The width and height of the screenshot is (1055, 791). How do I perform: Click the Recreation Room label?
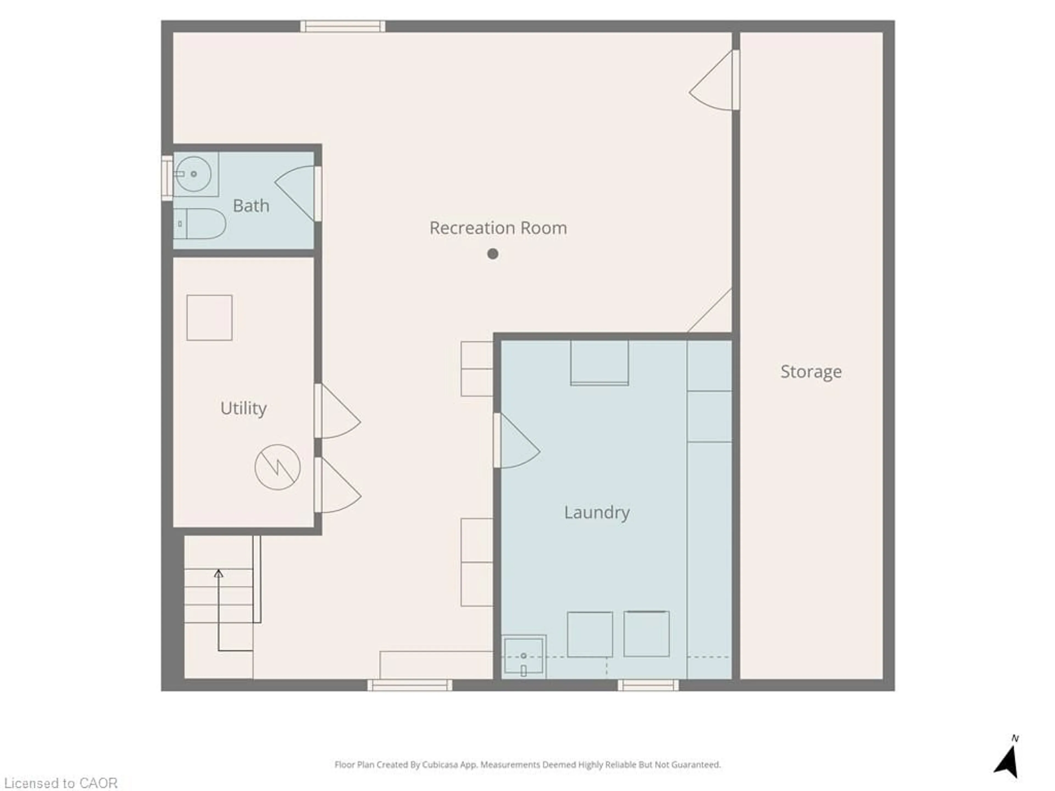[498, 228]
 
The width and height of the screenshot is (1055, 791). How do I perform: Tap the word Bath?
[251, 206]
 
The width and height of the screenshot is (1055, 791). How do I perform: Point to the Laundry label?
[597, 513]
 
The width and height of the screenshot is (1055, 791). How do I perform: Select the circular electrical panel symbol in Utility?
[277, 467]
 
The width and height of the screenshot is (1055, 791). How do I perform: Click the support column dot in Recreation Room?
[493, 254]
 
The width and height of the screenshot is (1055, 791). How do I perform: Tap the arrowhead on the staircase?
[218, 573]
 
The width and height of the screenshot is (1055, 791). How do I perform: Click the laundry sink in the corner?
[524, 656]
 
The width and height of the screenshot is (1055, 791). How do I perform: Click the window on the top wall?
[342, 26]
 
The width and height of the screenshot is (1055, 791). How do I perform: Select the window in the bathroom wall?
[167, 178]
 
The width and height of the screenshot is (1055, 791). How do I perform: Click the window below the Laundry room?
[648, 685]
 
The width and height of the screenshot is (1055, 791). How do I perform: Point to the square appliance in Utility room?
[209, 317]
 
